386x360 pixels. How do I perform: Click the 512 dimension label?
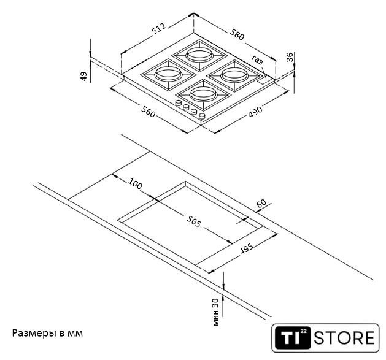tap(158, 29)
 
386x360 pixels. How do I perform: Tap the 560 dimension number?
tap(149, 112)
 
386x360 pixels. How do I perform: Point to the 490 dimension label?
tap(255, 110)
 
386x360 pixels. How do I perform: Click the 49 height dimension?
tap(83, 76)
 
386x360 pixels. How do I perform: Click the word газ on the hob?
tap(257, 59)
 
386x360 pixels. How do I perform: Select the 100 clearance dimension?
tap(135, 185)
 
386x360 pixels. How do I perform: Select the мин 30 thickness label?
tap(215, 312)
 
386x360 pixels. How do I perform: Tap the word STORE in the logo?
tap(344, 338)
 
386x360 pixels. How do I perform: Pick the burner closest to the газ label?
tap(235, 75)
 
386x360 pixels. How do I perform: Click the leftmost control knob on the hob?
tap(179, 105)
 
